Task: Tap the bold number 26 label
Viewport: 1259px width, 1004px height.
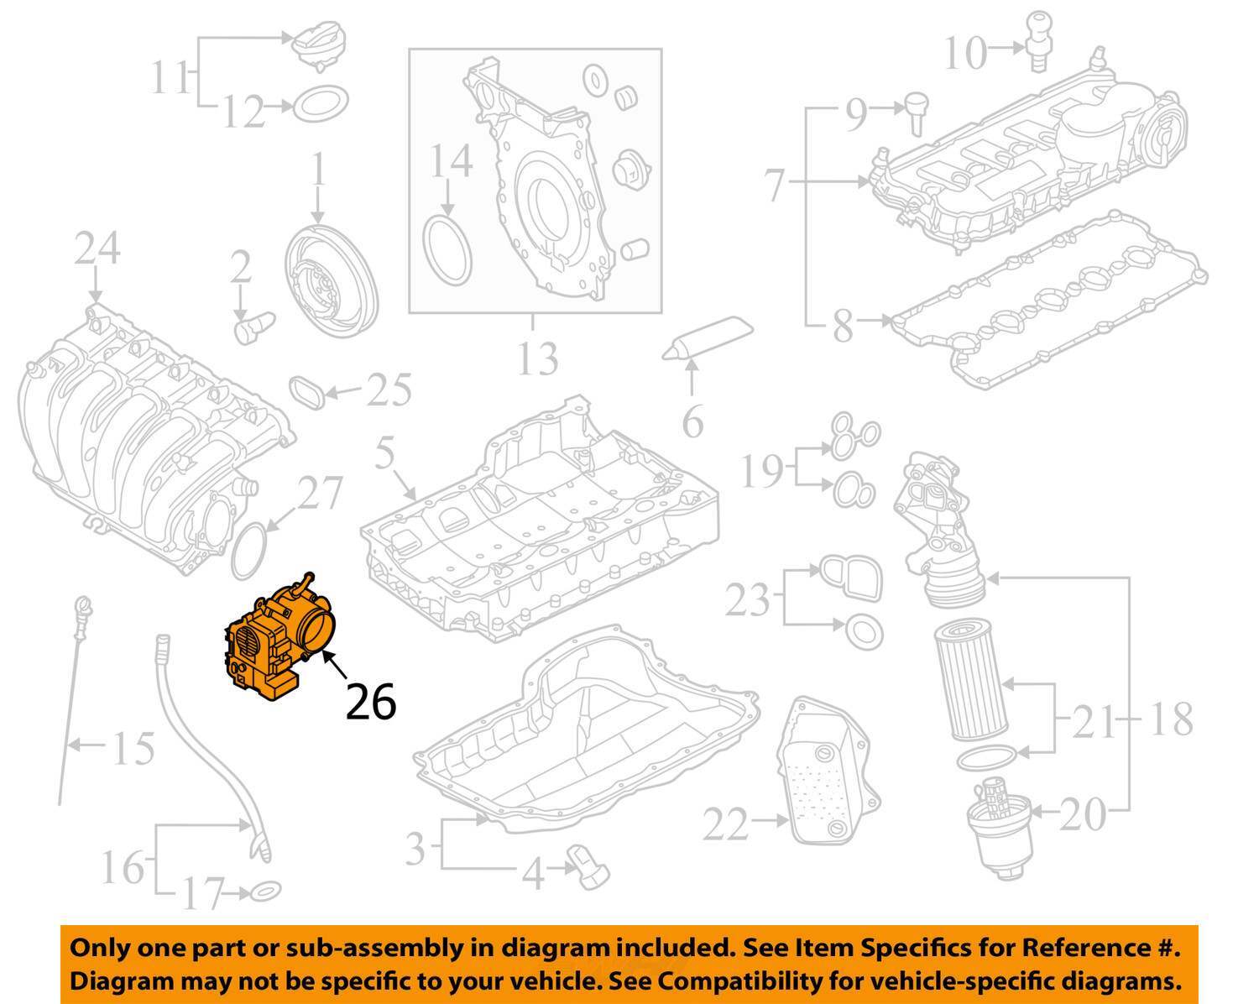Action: tap(371, 703)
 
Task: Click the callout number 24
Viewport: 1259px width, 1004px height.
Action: tap(97, 248)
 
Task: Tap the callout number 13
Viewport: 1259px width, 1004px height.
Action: tap(536, 358)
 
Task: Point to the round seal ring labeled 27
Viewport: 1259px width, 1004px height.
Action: tap(249, 551)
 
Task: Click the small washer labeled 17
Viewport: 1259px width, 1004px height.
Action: tap(264, 890)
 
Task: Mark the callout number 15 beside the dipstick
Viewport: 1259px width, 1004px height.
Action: tap(133, 748)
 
